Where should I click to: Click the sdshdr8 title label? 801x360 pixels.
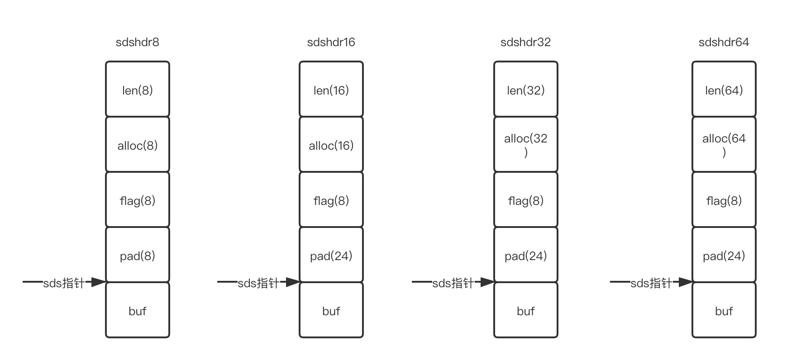point(137,42)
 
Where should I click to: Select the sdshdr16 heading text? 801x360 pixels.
point(331,42)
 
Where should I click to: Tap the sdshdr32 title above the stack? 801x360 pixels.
point(525,42)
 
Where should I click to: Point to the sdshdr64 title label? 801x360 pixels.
point(724,42)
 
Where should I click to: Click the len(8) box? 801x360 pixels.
point(138,90)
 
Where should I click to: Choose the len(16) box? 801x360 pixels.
point(331,90)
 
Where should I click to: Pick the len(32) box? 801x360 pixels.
point(526,90)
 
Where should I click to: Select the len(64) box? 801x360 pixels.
point(724,90)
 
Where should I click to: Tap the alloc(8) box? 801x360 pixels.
point(138,145)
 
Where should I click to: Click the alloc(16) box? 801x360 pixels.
point(331,145)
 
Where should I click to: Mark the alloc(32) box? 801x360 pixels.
point(526,145)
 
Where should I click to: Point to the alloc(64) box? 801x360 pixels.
point(724,145)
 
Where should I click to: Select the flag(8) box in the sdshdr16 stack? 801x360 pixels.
point(331,200)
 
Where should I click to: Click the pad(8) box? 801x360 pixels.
point(138,255)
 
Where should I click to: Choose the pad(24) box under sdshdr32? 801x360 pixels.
point(526,255)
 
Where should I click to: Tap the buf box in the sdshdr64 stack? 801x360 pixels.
point(724,310)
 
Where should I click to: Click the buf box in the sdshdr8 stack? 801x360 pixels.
point(138,310)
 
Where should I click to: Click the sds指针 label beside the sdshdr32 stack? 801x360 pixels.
point(453,283)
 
